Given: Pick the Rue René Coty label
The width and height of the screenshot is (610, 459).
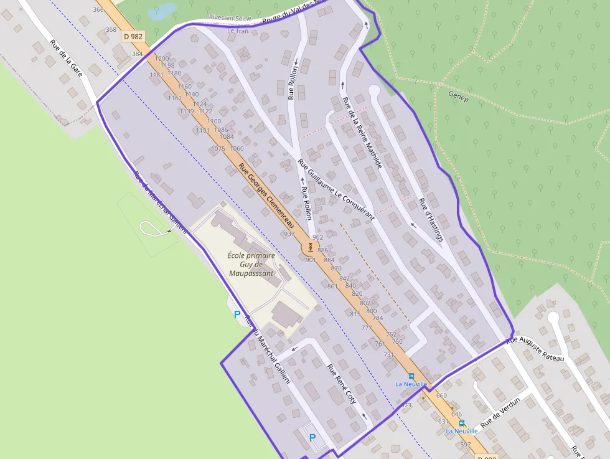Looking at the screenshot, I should (x=342, y=384).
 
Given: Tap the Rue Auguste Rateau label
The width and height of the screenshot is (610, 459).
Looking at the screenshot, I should (x=535, y=349).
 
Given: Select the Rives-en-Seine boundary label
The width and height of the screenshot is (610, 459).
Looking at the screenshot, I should (x=230, y=18).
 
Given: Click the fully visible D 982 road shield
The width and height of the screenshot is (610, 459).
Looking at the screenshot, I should (x=133, y=37).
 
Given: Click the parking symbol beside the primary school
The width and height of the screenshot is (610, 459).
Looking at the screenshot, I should (x=237, y=315).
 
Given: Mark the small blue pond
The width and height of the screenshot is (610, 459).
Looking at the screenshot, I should (x=161, y=11).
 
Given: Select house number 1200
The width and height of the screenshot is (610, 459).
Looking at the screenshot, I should (x=161, y=59).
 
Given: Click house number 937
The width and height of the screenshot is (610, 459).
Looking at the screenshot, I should (x=289, y=234).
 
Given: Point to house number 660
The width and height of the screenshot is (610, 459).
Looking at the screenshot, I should (x=442, y=395).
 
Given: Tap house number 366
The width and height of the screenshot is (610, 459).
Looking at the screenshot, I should (x=98, y=9).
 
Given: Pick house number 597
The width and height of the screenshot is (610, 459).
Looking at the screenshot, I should (x=466, y=445).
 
